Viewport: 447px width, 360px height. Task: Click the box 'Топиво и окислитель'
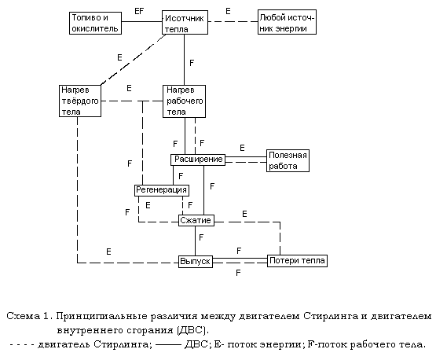pyautogui.click(x=96, y=23)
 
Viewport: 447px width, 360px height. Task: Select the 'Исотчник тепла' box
pyautogui.click(x=185, y=23)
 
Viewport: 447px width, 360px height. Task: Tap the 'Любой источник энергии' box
pyautogui.click(x=287, y=22)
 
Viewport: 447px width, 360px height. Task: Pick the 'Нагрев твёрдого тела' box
pyautogui.click(x=80, y=101)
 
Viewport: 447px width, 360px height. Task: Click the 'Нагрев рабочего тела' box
pyautogui.click(x=184, y=101)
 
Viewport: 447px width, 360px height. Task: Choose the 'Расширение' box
pyautogui.click(x=198, y=160)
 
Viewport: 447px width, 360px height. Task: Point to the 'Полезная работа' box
pyautogui.click(x=288, y=160)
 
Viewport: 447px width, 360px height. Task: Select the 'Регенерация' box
pyautogui.click(x=162, y=190)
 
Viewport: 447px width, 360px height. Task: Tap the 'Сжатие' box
pyautogui.click(x=196, y=221)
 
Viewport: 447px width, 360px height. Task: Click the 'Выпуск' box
pyautogui.click(x=196, y=261)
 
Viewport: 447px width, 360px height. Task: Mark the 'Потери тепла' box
pyautogui.click(x=297, y=261)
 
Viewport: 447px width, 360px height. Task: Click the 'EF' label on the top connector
pyautogui.click(x=139, y=11)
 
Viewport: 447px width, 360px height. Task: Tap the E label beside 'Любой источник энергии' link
pyautogui.click(x=228, y=11)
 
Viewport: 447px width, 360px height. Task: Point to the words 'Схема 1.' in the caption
pyautogui.click(x=30, y=316)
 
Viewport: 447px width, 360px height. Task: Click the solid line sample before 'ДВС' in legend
pyautogui.click(x=168, y=345)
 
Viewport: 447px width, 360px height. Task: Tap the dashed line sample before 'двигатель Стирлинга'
pyautogui.click(x=22, y=345)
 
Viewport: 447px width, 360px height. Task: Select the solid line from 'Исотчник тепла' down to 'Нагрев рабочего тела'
pyautogui.click(x=184, y=60)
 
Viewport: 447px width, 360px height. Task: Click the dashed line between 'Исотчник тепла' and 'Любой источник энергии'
pyautogui.click(x=233, y=21)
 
